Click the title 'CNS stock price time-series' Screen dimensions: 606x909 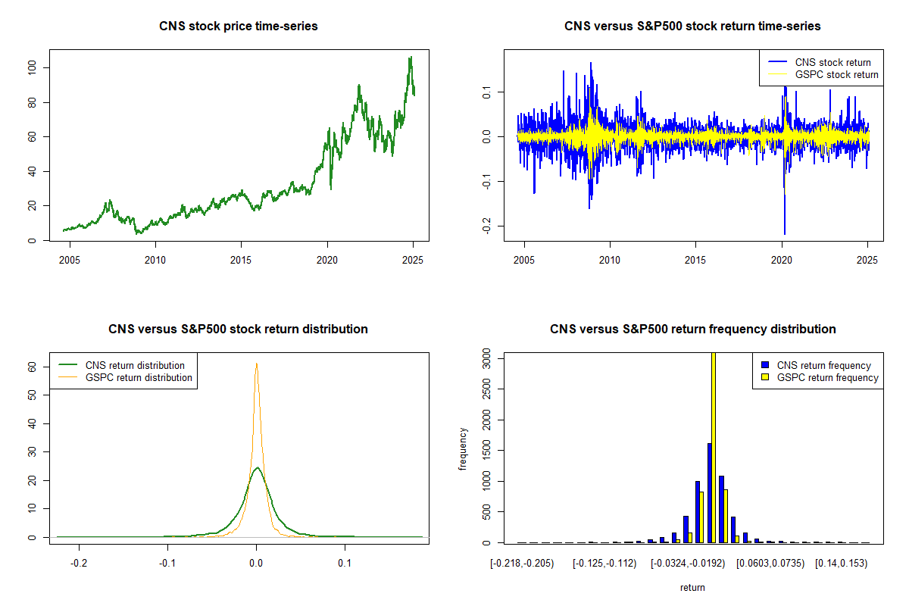coord(238,27)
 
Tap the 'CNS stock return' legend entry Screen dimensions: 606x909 coord(832,62)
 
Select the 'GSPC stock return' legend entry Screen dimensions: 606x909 coord(836,74)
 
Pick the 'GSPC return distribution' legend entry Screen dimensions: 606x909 coord(139,377)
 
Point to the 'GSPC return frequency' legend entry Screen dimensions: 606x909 coord(828,377)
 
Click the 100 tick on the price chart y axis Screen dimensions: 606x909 coord(43,68)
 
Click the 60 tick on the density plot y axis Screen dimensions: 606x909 coord(43,367)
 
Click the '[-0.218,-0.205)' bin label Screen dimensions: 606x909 coord(522,564)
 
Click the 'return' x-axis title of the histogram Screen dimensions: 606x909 coord(692,587)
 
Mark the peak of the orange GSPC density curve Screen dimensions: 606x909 coord(256,364)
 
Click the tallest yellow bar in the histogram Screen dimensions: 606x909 coord(713,447)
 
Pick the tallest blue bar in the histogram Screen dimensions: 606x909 coord(709,492)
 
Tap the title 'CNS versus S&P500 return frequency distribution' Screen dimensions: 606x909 coord(692,330)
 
